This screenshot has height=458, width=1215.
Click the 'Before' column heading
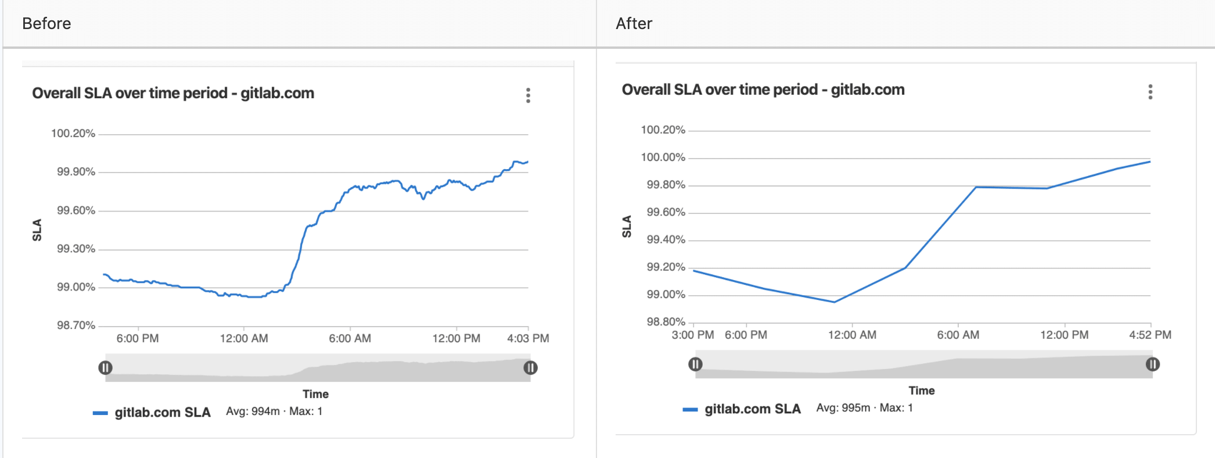46,23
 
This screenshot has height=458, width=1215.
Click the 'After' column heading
634,23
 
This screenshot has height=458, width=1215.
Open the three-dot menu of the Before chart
528,95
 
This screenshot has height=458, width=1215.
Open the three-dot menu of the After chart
1150,92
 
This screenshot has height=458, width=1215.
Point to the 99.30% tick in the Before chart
76,249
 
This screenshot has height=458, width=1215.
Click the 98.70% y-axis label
76,325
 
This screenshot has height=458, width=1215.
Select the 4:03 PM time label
527,338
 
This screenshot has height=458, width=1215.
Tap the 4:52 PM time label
1149,335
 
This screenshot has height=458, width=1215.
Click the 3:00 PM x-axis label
692,335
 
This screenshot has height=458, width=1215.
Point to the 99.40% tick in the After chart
666,239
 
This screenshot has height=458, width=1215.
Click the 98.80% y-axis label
666,321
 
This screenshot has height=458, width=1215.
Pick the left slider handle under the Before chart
105,367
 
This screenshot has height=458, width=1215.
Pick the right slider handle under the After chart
1152,364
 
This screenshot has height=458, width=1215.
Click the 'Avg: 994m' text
253,412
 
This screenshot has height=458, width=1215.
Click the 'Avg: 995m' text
843,408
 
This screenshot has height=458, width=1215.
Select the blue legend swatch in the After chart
690,410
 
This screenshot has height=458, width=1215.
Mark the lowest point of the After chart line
835,302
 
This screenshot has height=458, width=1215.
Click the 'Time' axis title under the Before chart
315,394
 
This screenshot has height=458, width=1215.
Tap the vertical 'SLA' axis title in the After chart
626,227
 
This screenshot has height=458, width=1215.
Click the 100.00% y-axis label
663,157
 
